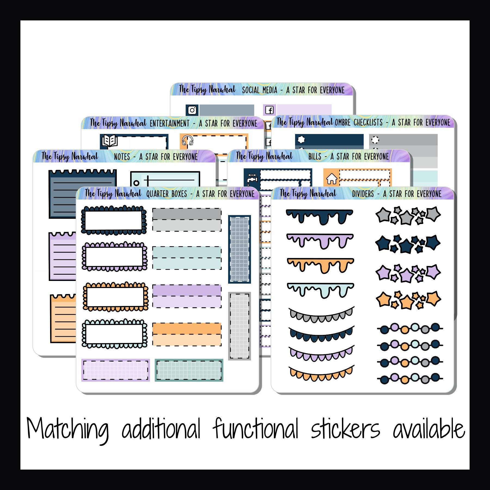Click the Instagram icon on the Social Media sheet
pos(192,110)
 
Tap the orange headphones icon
pos(187,140)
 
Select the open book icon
pos(109,141)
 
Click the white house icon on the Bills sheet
pos(332,179)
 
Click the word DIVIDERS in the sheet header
pos(363,194)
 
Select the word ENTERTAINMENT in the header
pos(169,123)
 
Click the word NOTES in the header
pos(122,157)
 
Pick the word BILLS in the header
pos(315,157)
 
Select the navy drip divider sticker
pos(320,216)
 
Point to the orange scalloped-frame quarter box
pos(115,296)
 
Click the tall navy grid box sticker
pos(239,249)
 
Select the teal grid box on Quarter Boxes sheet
pos(189,370)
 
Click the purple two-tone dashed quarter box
pos(187,296)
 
